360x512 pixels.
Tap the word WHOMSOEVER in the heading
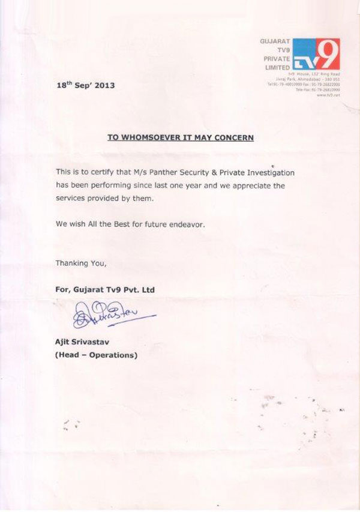(x=150, y=137)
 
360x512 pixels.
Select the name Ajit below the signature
(x=64, y=342)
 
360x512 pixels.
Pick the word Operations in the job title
(x=112, y=355)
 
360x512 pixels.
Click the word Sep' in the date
(x=81, y=86)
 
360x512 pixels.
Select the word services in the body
(x=73, y=198)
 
